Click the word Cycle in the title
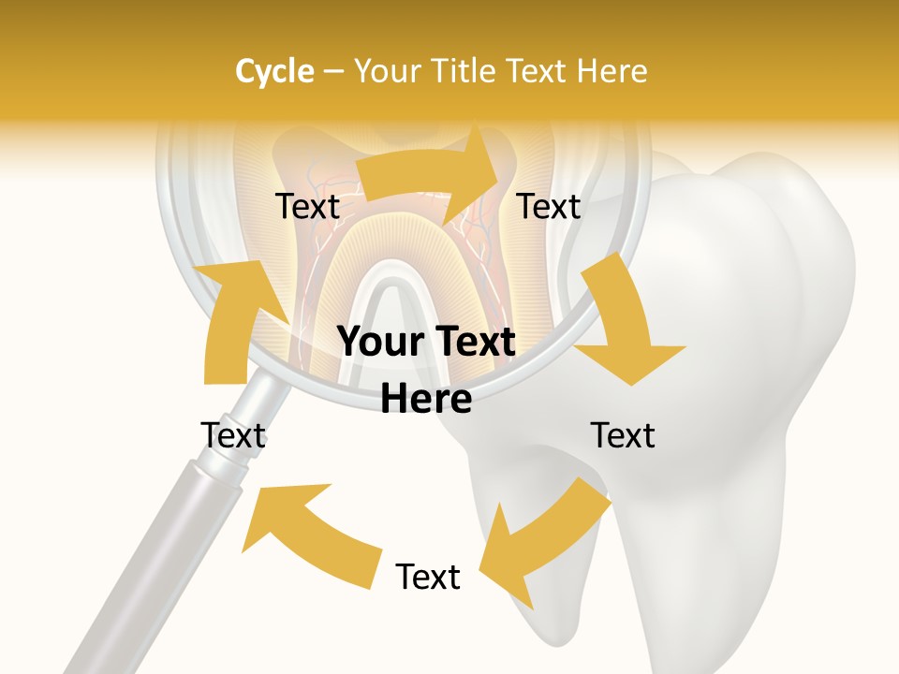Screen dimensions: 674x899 (274, 71)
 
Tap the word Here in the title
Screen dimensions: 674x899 (612, 71)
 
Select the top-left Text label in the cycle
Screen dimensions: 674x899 (308, 207)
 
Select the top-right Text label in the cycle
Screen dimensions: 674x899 (549, 207)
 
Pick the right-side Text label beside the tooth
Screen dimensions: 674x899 (623, 435)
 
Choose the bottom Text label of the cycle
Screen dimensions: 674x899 (428, 577)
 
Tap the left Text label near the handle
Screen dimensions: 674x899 (233, 435)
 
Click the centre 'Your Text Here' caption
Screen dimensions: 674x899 (427, 371)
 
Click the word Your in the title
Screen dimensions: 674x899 (389, 71)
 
